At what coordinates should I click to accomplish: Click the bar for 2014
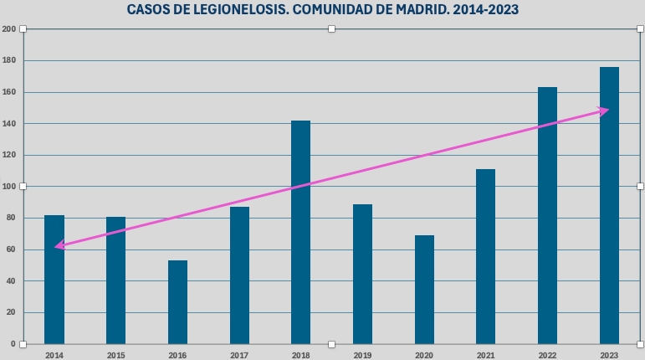[54, 280]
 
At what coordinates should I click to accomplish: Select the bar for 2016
[177, 302]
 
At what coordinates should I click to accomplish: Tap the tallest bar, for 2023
[609, 205]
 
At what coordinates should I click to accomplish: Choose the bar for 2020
[424, 290]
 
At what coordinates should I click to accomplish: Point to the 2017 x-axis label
[239, 355]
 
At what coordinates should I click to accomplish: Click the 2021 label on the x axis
[485, 355]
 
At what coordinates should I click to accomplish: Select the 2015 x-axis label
[115, 355]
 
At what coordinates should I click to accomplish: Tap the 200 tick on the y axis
[8, 29]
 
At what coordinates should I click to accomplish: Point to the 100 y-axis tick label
[8, 187]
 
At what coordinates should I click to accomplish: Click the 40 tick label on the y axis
[10, 281]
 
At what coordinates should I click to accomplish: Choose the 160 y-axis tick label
[8, 92]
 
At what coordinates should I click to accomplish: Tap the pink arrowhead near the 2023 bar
[603, 111]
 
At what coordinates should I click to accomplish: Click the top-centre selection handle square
[331, 29]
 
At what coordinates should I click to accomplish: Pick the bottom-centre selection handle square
[331, 344]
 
